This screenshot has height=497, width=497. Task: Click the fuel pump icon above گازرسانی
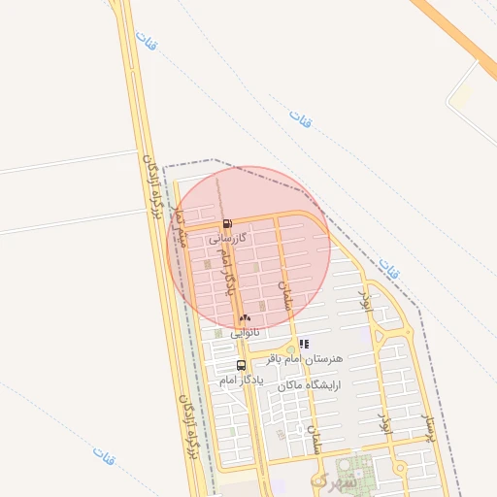227,224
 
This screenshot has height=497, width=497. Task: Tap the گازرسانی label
228,237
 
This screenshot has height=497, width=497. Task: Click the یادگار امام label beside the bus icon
215,380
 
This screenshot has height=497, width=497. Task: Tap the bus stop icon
241,365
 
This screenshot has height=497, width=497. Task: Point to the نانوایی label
245,332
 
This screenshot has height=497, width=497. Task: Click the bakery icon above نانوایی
245,317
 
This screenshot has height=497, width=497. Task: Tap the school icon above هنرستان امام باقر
304,344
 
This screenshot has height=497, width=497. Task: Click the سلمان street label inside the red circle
284,296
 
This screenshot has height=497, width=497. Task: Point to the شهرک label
333,480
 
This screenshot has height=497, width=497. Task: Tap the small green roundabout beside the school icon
289,349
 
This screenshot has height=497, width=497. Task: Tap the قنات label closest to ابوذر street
389,268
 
